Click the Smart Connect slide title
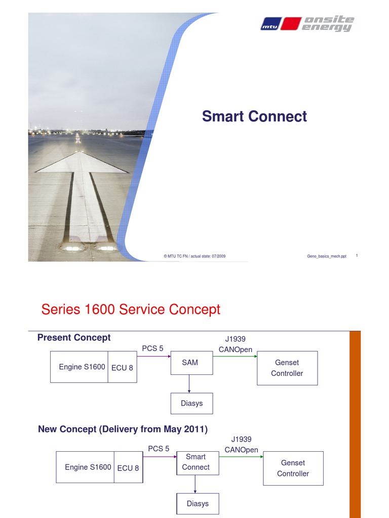[254, 116]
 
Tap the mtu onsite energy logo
[307, 24]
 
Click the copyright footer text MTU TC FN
[194, 256]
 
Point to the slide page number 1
[357, 256]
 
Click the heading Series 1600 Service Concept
[131, 309]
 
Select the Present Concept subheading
[74, 337]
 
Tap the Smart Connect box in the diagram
[196, 462]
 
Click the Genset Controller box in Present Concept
[287, 368]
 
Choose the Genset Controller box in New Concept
[293, 468]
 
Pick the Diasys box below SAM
[191, 403]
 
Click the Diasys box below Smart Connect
[198, 503]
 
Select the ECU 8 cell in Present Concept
[122, 368]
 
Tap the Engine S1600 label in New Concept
[88, 467]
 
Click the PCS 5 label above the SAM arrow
[152, 348]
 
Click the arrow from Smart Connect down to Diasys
[195, 484]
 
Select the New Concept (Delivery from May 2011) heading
[123, 429]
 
